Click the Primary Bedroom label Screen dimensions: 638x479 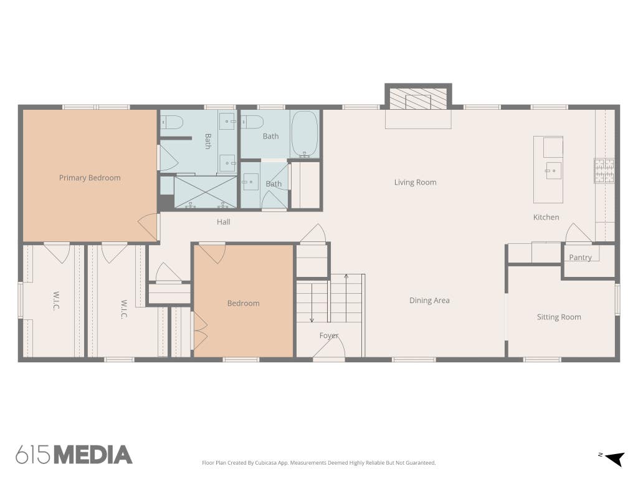point(90,178)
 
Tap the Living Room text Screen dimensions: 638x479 point(415,183)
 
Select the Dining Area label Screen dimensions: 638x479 point(429,301)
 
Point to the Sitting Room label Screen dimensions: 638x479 point(559,317)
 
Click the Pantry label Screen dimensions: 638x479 point(580,258)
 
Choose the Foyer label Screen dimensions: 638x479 point(329,336)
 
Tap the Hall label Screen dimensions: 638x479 point(224,222)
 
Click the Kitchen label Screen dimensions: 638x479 point(546,218)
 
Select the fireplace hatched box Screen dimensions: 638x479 point(418,99)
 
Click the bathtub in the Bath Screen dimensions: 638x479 point(305,134)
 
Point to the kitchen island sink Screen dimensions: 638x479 point(553,171)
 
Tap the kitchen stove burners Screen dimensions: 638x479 point(604,171)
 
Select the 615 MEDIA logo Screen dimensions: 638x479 point(74,455)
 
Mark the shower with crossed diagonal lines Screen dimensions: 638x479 point(206,192)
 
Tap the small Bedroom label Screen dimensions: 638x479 point(244,304)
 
